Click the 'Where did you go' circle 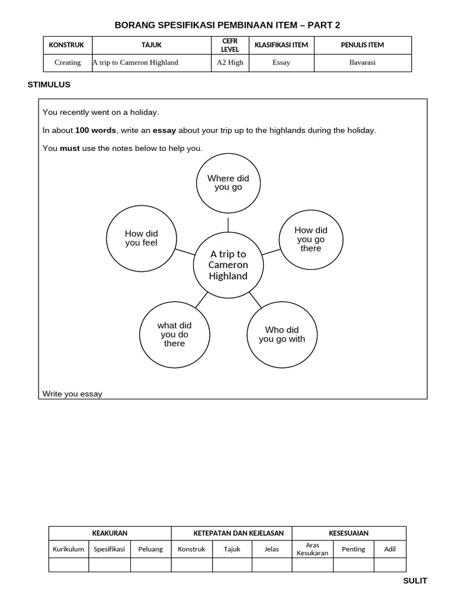[228, 183]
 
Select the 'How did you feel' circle [142, 238]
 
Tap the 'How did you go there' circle [310, 239]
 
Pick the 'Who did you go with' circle [281, 334]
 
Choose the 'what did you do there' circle [174, 334]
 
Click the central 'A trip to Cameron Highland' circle [228, 265]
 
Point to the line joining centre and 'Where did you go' [228, 224]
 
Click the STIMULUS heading [49, 85]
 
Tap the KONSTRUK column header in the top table [66, 45]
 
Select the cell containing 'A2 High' [230, 63]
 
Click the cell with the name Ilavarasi [363, 63]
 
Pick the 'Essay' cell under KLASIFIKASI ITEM [281, 63]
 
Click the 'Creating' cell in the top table [68, 63]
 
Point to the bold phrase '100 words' [95, 130]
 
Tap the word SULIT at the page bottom [415, 581]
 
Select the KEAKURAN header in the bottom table [110, 533]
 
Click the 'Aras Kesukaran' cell [312, 549]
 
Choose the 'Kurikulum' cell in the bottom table [68, 549]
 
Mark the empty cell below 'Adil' [390, 565]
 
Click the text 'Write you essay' [72, 394]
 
